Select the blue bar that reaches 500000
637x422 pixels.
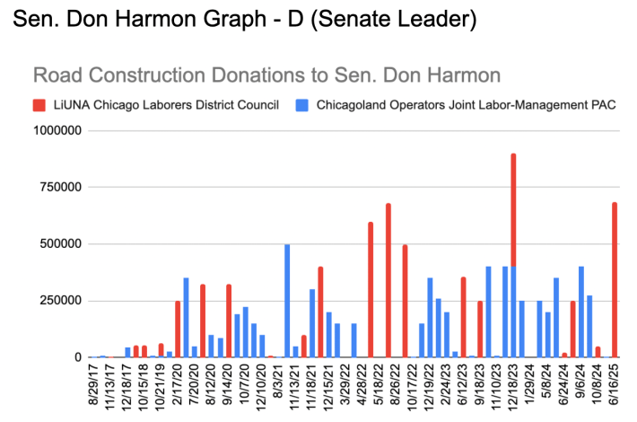(287, 301)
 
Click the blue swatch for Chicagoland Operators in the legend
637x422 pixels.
(302, 104)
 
